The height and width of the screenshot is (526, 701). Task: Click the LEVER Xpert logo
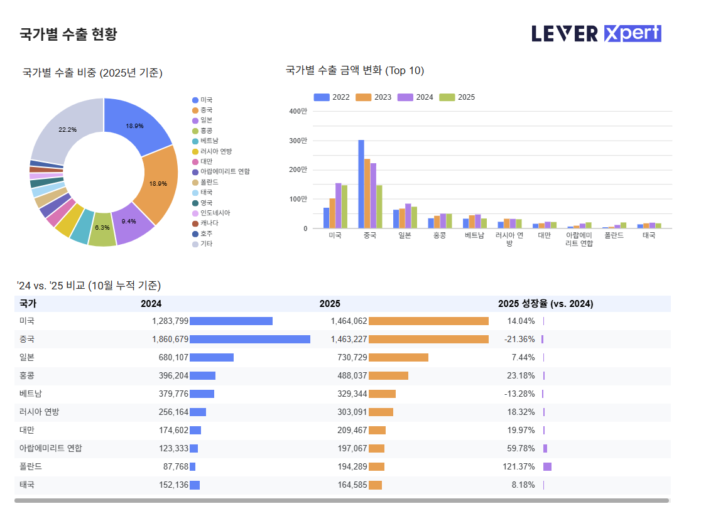[x=596, y=33]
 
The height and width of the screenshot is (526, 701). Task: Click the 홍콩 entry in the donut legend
[x=206, y=131]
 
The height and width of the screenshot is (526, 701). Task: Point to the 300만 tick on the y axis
[x=299, y=141]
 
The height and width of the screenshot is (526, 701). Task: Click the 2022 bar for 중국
[x=361, y=184]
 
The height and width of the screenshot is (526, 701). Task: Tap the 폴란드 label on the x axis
[x=614, y=235]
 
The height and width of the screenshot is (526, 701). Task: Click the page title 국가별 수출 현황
[x=68, y=34]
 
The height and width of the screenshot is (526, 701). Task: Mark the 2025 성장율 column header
[x=545, y=304]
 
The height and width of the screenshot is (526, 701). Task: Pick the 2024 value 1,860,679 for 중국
[x=170, y=340]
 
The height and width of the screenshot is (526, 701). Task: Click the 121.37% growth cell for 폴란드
[x=520, y=467]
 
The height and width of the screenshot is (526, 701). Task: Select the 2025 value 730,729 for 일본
[x=349, y=358]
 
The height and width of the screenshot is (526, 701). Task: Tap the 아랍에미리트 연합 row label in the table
[x=50, y=449]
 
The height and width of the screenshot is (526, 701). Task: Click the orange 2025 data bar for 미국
[x=428, y=321]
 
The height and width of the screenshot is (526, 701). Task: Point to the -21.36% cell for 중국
[x=519, y=340]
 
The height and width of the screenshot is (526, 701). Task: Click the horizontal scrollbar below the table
[x=342, y=501]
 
